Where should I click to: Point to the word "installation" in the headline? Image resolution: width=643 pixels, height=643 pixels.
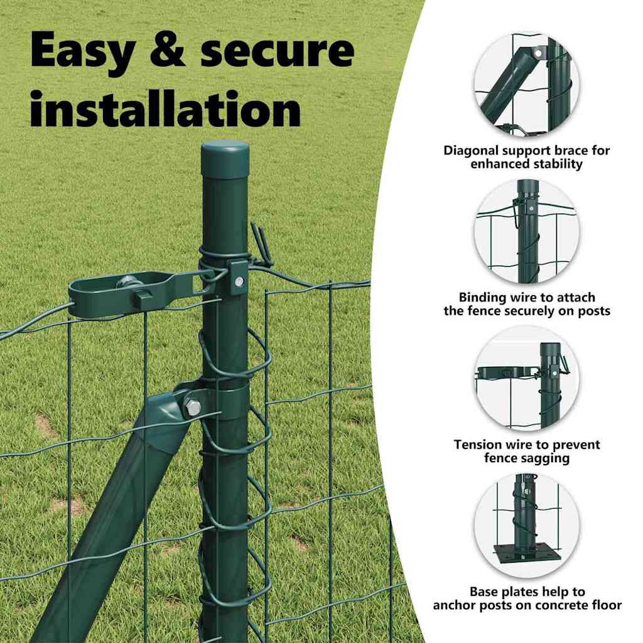166,109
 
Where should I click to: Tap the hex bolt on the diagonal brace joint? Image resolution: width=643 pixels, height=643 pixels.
193,407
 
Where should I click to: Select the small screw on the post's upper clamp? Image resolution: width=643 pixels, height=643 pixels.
238,281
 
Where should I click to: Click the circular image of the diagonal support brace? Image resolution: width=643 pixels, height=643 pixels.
527,84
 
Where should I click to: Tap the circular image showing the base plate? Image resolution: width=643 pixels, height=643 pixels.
527,526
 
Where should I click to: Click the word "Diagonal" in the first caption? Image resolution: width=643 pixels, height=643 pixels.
471,151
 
